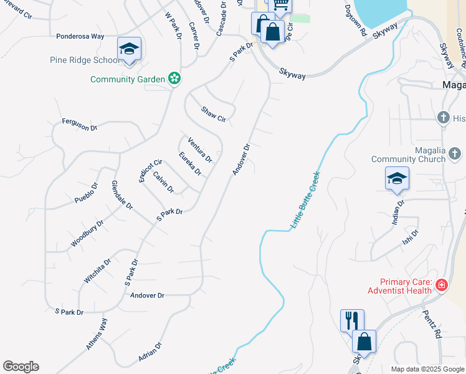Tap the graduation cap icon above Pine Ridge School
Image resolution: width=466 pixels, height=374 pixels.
(x=129, y=49)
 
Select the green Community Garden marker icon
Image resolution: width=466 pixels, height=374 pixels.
(x=175, y=79)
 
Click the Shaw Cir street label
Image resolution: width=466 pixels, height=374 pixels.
(x=212, y=114)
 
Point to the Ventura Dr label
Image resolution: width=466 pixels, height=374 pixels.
(x=200, y=150)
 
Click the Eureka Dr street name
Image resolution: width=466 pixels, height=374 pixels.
(x=190, y=163)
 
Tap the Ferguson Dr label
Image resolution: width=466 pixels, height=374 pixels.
(x=80, y=125)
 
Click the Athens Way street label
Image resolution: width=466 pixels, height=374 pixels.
(x=97, y=334)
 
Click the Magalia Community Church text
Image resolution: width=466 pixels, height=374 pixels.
(x=408, y=155)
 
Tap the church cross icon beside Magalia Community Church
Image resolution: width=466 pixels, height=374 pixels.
(x=455, y=153)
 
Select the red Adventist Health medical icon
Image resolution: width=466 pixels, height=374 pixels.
(x=442, y=285)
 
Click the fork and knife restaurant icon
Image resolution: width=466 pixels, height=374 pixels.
(x=352, y=320)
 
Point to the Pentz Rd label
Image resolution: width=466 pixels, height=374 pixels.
(x=432, y=324)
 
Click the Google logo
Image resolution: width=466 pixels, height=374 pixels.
(x=21, y=367)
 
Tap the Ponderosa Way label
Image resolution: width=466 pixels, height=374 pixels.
(x=80, y=36)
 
